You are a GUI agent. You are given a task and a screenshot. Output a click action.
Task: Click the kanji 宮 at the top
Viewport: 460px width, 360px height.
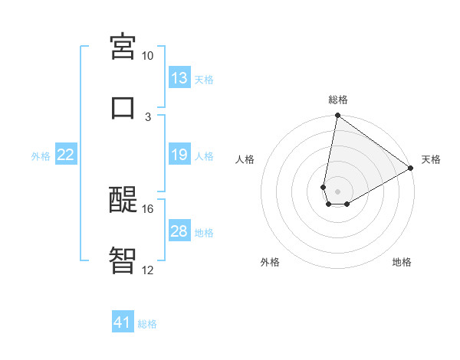pyautogui.click(x=123, y=46)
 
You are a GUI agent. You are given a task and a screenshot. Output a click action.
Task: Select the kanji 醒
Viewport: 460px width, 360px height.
pyautogui.click(x=123, y=199)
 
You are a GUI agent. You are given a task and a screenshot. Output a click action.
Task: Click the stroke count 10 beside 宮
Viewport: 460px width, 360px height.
pyautogui.click(x=147, y=56)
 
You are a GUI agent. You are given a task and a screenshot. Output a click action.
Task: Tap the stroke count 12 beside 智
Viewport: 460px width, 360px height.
pyautogui.click(x=147, y=270)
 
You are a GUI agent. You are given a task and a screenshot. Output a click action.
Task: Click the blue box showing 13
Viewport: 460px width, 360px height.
pyautogui.click(x=179, y=78)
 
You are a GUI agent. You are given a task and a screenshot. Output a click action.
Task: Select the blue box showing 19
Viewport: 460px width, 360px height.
pyautogui.click(x=179, y=155)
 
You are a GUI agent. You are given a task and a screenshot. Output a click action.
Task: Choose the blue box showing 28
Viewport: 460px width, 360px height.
pyautogui.click(x=179, y=231)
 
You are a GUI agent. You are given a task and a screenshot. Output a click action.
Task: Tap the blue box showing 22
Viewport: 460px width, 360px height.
pyautogui.click(x=66, y=155)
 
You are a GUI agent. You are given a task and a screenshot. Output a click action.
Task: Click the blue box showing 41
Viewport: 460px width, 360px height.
pyautogui.click(x=123, y=323)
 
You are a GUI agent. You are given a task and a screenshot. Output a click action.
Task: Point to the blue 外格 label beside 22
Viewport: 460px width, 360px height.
pyautogui.click(x=41, y=155)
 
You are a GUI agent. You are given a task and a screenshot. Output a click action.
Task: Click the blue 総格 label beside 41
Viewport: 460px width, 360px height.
pyautogui.click(x=147, y=324)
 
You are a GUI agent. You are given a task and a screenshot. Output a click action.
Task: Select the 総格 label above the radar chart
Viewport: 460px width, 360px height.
pyautogui.click(x=338, y=100)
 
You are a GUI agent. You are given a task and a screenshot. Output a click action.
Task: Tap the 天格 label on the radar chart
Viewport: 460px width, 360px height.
pyautogui.click(x=431, y=159)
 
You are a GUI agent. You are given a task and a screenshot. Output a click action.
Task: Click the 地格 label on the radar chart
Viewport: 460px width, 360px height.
pyautogui.click(x=402, y=262)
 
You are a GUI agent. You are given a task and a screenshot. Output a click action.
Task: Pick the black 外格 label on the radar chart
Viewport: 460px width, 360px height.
pyautogui.click(x=270, y=262)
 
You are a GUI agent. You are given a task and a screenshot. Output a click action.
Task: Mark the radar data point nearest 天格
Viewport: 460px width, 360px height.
pyautogui.click(x=411, y=169)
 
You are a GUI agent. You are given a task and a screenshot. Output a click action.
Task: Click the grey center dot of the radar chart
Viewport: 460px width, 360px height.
pyautogui.click(x=338, y=191)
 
